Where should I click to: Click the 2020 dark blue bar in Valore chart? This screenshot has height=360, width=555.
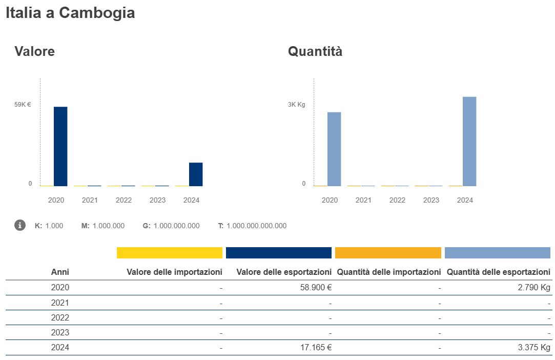click(60, 146)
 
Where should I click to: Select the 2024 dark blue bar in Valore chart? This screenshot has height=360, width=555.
click(196, 174)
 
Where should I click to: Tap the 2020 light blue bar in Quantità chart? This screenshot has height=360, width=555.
click(334, 149)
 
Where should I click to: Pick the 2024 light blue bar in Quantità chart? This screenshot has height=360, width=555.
click(469, 141)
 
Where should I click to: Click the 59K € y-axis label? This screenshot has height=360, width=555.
click(23, 105)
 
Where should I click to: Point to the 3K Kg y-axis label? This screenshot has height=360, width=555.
click(296, 105)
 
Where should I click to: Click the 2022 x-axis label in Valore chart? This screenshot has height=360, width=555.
click(124, 200)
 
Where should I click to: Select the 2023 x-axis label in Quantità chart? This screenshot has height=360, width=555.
click(431, 200)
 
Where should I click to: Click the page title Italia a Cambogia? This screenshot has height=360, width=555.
click(70, 13)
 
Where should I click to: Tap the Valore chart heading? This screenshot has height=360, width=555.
click(34, 51)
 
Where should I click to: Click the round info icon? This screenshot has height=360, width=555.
click(20, 225)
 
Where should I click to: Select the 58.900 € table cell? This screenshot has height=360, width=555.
click(316, 288)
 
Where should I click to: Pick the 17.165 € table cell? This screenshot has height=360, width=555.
click(316, 347)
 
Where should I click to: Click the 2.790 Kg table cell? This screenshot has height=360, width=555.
click(534, 288)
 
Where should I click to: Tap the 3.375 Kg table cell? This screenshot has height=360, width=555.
click(534, 347)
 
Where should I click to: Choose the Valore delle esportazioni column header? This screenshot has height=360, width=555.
click(284, 272)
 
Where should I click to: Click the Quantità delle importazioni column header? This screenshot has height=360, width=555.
click(389, 272)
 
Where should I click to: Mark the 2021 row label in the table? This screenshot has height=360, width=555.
click(60, 303)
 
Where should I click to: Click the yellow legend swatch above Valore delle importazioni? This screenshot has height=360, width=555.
click(170, 253)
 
